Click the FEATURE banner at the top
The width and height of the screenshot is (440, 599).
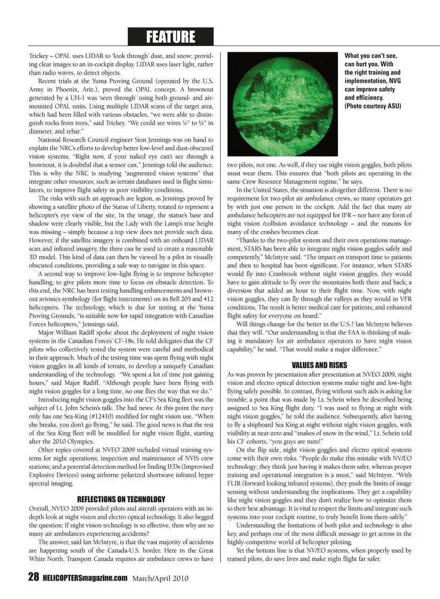tap(170, 37)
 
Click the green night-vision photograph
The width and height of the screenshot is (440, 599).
tap(282, 104)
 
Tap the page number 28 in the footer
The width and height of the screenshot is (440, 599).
tap(33, 577)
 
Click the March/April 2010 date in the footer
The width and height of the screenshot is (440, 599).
tap(160, 578)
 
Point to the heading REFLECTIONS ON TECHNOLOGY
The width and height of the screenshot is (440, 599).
tap(121, 499)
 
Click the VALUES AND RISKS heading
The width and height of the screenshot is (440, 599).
tap(319, 365)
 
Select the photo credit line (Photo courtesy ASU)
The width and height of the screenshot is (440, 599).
tap(373, 106)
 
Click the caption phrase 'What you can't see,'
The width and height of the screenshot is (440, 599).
tap(371, 56)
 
